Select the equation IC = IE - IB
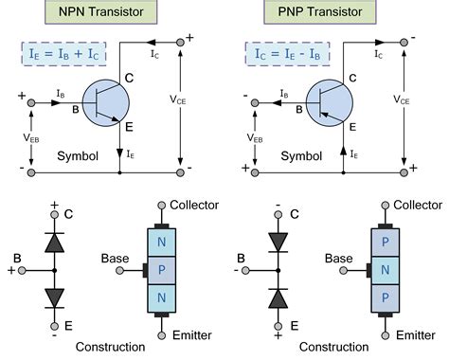(x=286, y=53)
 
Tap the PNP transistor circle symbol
(x=328, y=104)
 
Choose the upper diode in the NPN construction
(x=53, y=242)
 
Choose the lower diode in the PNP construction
(x=277, y=299)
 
